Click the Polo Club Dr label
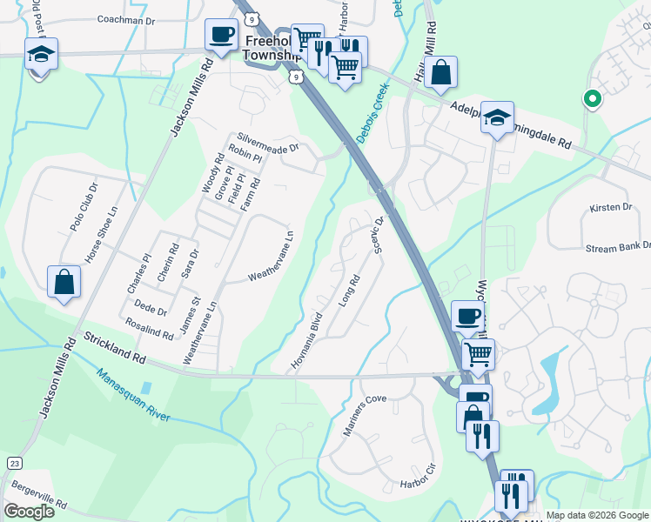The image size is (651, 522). click(x=84, y=208)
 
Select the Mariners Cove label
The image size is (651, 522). click(x=364, y=418)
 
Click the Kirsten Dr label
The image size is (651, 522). click(x=610, y=207)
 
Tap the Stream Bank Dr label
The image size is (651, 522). click(x=618, y=247)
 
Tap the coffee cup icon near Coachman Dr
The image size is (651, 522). click(x=220, y=36)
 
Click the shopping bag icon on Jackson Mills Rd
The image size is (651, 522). click(x=64, y=282)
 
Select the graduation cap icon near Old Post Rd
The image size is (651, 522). click(x=41, y=55)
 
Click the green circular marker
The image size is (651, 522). click(x=593, y=99)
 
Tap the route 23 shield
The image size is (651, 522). click(x=14, y=462)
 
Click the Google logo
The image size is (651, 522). click(x=29, y=512)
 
